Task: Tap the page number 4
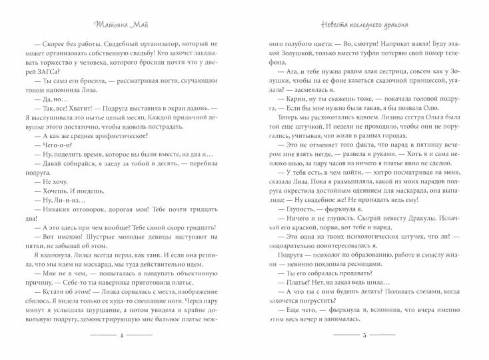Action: [x=121, y=336]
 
